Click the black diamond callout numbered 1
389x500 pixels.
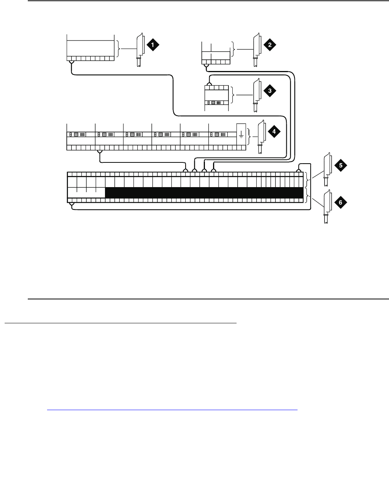[x=153, y=45]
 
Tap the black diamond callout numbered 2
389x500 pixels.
[x=269, y=45]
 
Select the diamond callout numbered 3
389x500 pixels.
[x=269, y=91]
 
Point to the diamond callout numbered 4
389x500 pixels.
[x=274, y=132]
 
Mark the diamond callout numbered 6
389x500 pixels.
[x=341, y=203]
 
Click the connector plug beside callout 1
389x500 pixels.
[x=140, y=50]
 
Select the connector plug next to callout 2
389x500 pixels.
[x=256, y=50]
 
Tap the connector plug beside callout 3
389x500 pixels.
[x=255, y=95]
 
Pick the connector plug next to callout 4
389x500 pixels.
[x=261, y=137]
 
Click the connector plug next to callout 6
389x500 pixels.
[x=327, y=206]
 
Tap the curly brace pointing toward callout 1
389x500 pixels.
[x=119, y=49]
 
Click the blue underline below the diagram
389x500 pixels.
[x=172, y=410]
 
